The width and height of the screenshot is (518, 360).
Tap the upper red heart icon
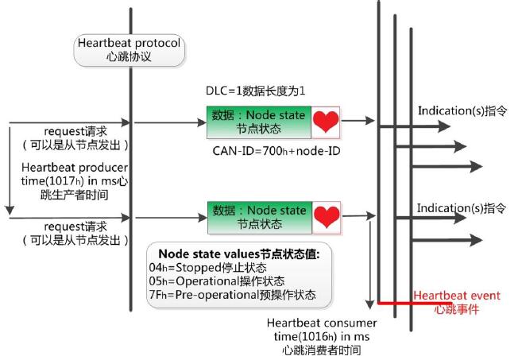(324, 122)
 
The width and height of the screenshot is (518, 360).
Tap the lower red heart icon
(324, 216)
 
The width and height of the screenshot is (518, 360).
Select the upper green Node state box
(259, 122)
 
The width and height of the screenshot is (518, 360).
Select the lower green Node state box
(259, 216)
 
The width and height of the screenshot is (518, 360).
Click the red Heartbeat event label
(457, 302)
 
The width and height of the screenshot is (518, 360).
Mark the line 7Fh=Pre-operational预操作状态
(237, 295)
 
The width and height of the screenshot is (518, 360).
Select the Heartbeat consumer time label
(321, 336)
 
